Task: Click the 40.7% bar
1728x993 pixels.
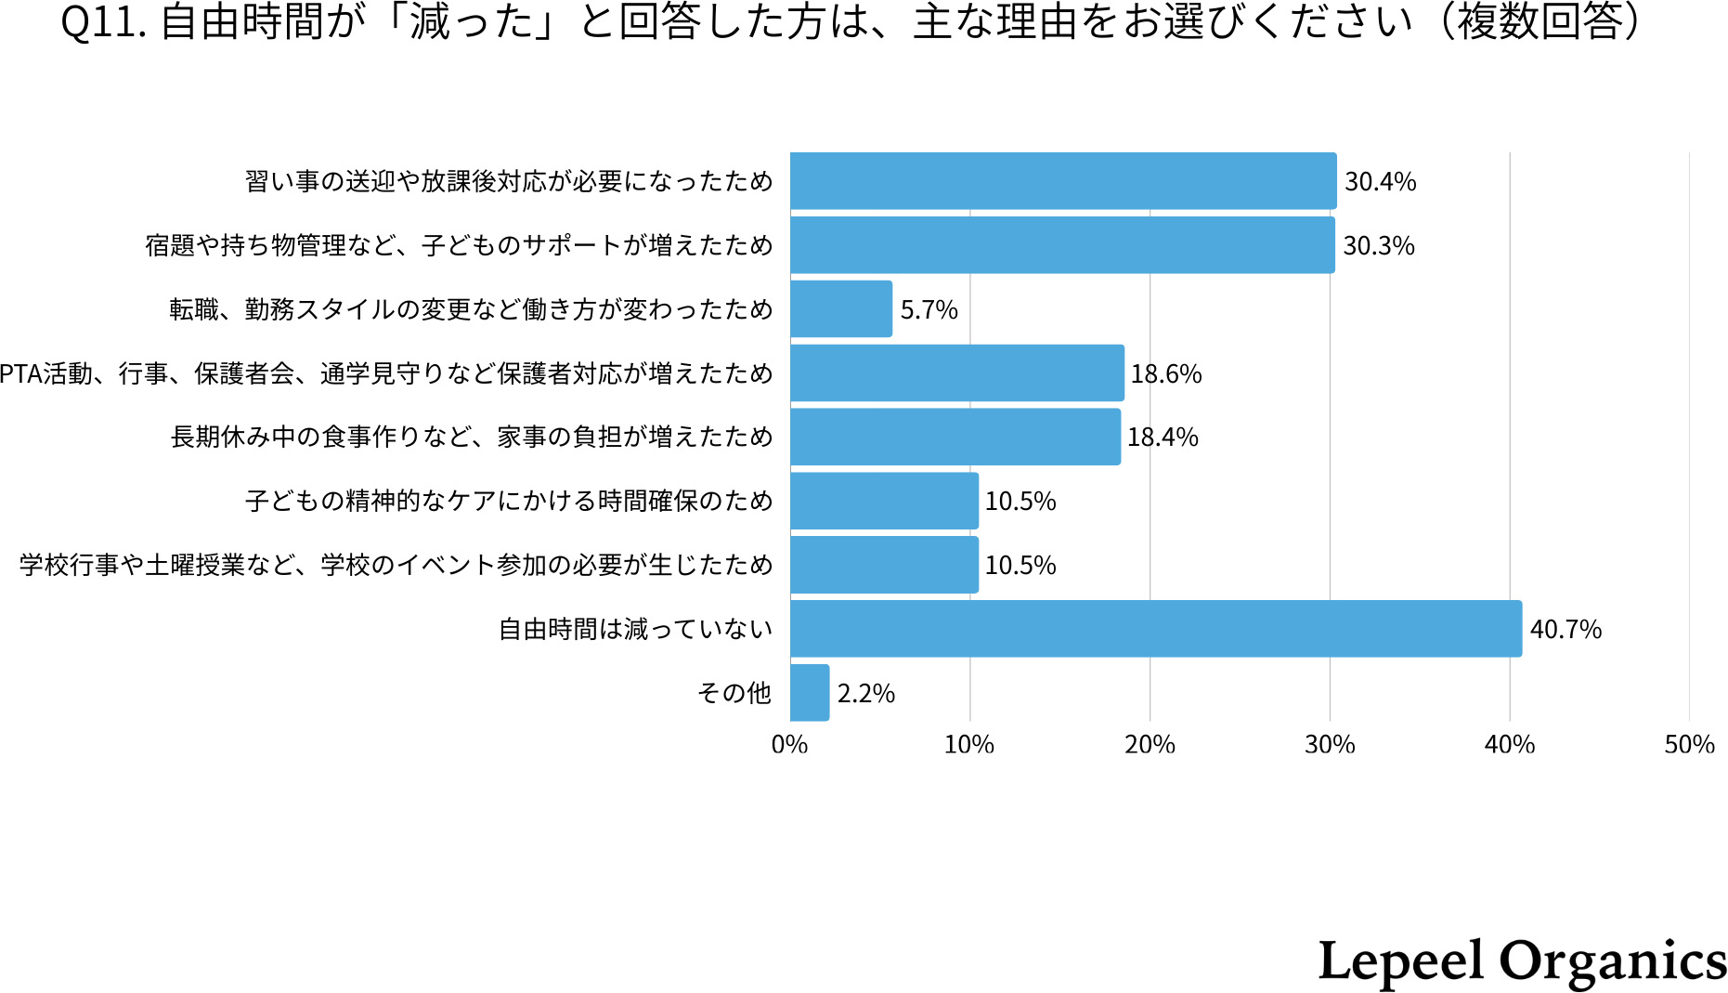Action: coord(1155,629)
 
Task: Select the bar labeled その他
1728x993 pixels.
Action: coord(809,693)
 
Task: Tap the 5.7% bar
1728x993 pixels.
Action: coord(840,309)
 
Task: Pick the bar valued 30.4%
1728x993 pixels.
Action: coord(1062,181)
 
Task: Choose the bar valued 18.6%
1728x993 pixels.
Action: coord(956,373)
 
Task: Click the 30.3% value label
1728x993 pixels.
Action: coord(1379,246)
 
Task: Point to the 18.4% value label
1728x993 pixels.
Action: coord(1163,438)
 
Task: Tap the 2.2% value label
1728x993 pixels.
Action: coord(865,694)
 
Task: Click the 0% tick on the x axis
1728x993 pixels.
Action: coord(789,745)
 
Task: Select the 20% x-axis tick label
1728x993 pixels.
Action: coord(1150,745)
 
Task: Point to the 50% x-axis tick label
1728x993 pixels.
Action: coord(1689,745)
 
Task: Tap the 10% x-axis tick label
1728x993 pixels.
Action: coord(968,745)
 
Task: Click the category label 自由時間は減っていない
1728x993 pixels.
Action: coord(635,630)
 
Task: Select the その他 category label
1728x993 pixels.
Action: coord(734,694)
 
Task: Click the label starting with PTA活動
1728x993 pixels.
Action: coord(385,373)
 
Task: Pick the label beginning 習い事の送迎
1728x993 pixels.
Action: coord(509,181)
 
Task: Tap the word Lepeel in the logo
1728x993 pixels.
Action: coord(1400,961)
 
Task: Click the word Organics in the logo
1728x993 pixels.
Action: coord(1613,961)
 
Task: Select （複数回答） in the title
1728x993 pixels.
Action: coord(1541,22)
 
